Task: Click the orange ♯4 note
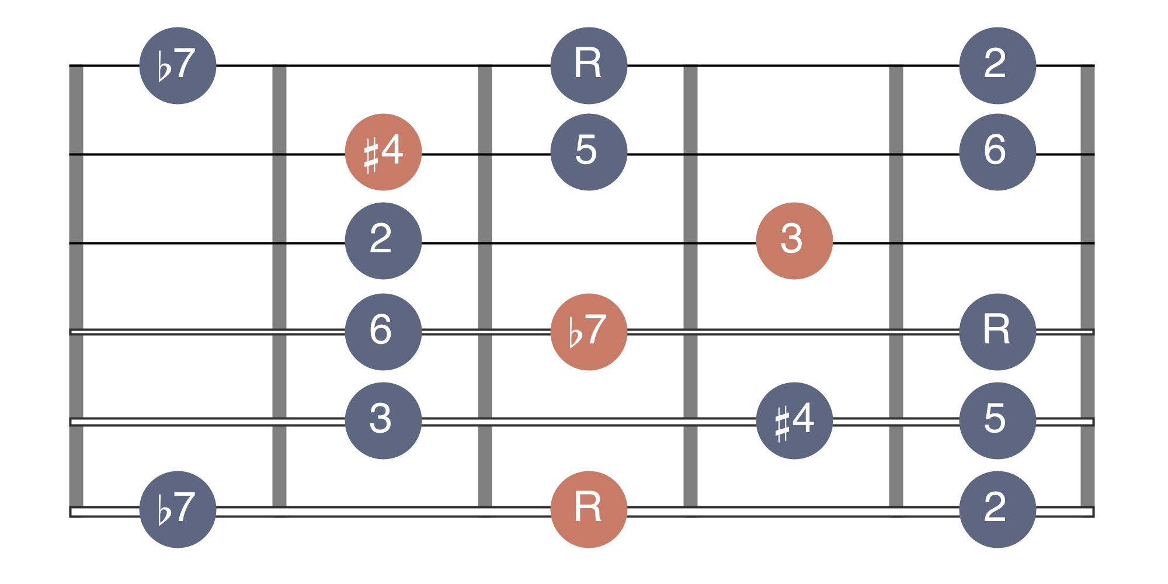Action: coord(383,152)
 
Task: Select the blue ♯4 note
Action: coord(794,420)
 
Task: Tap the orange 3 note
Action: coord(794,241)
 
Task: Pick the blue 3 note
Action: coord(383,420)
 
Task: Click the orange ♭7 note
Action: coord(589,332)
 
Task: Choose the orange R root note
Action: coord(589,509)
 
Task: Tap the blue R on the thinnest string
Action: coord(589,65)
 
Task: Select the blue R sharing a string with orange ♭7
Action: coord(997,332)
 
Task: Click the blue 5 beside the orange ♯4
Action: coord(589,152)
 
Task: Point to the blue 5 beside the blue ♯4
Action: coord(997,420)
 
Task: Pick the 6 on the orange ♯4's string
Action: coord(997,152)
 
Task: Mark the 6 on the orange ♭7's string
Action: coord(383,332)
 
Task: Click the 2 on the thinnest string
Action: coord(997,65)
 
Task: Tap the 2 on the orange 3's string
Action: coord(383,241)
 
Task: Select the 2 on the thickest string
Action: coord(997,509)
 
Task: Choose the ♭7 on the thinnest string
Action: coord(178,65)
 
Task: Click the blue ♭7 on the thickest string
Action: coord(178,509)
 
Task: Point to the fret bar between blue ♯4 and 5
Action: coord(896,290)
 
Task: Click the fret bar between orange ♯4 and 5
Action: coord(485,290)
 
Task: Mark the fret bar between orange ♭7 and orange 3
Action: coord(690,290)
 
